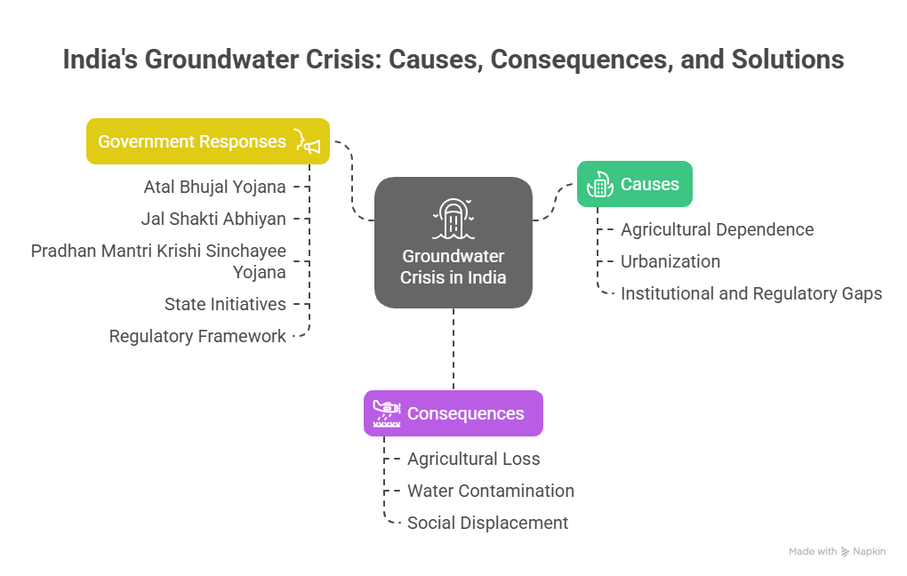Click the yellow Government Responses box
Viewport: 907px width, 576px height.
[207, 141]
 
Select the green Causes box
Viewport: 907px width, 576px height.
[634, 184]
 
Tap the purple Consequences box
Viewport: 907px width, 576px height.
[453, 413]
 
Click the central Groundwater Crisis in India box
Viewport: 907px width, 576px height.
[453, 243]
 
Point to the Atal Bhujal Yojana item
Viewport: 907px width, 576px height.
[214, 187]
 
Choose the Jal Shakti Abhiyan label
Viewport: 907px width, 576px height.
[213, 219]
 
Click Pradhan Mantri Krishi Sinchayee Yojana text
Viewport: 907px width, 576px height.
[158, 261]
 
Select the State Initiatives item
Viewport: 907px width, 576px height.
[225, 304]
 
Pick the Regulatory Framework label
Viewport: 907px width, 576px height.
[197, 336]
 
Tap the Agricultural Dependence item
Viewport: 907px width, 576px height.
[717, 229]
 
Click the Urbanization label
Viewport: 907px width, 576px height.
[670, 261]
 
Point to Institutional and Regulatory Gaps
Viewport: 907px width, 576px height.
[751, 293]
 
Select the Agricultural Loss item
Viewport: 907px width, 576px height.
[473, 459]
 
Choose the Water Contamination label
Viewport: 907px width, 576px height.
[490, 491]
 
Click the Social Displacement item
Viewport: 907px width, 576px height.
[487, 523]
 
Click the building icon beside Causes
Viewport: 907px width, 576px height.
[599, 184]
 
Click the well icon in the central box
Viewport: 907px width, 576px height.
[453, 219]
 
